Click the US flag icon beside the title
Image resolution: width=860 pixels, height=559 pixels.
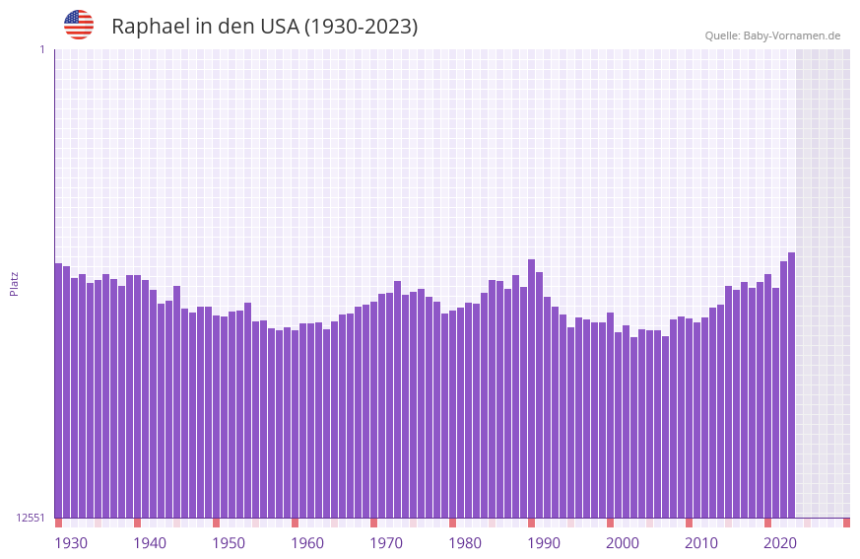pyautogui.click(x=79, y=25)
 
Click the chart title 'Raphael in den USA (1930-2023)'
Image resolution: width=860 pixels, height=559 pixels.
pyautogui.click(x=264, y=27)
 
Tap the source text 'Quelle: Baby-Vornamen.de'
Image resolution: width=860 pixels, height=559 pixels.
pyautogui.click(x=772, y=35)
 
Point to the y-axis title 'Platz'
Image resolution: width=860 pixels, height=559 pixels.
pyautogui.click(x=14, y=283)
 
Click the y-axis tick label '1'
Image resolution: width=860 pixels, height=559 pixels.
pyautogui.click(x=41, y=49)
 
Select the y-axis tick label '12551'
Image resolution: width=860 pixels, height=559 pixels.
pyautogui.click(x=31, y=518)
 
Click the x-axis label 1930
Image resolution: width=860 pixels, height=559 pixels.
pyautogui.click(x=71, y=543)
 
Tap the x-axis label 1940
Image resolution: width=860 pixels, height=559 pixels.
pyautogui.click(x=150, y=543)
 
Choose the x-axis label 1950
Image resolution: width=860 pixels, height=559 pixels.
pyautogui.click(x=229, y=543)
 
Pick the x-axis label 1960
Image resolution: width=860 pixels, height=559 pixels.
pyautogui.click(x=307, y=543)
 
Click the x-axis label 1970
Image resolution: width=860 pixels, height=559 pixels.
pyautogui.click(x=386, y=543)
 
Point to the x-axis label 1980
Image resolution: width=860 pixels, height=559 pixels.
pyautogui.click(x=465, y=543)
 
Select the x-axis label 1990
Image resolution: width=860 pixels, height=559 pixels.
pyautogui.click(x=544, y=543)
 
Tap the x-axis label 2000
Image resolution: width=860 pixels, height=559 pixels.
pyautogui.click(x=623, y=543)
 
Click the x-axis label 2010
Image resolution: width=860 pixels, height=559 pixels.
pyautogui.click(x=701, y=543)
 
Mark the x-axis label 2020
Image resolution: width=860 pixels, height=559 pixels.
pyautogui.click(x=780, y=543)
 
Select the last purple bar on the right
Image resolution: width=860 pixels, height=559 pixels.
pyautogui.click(x=791, y=384)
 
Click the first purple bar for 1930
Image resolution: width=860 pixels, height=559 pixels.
pyautogui.click(x=58, y=389)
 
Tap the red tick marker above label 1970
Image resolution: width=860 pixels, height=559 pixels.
pyautogui.click(x=373, y=523)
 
